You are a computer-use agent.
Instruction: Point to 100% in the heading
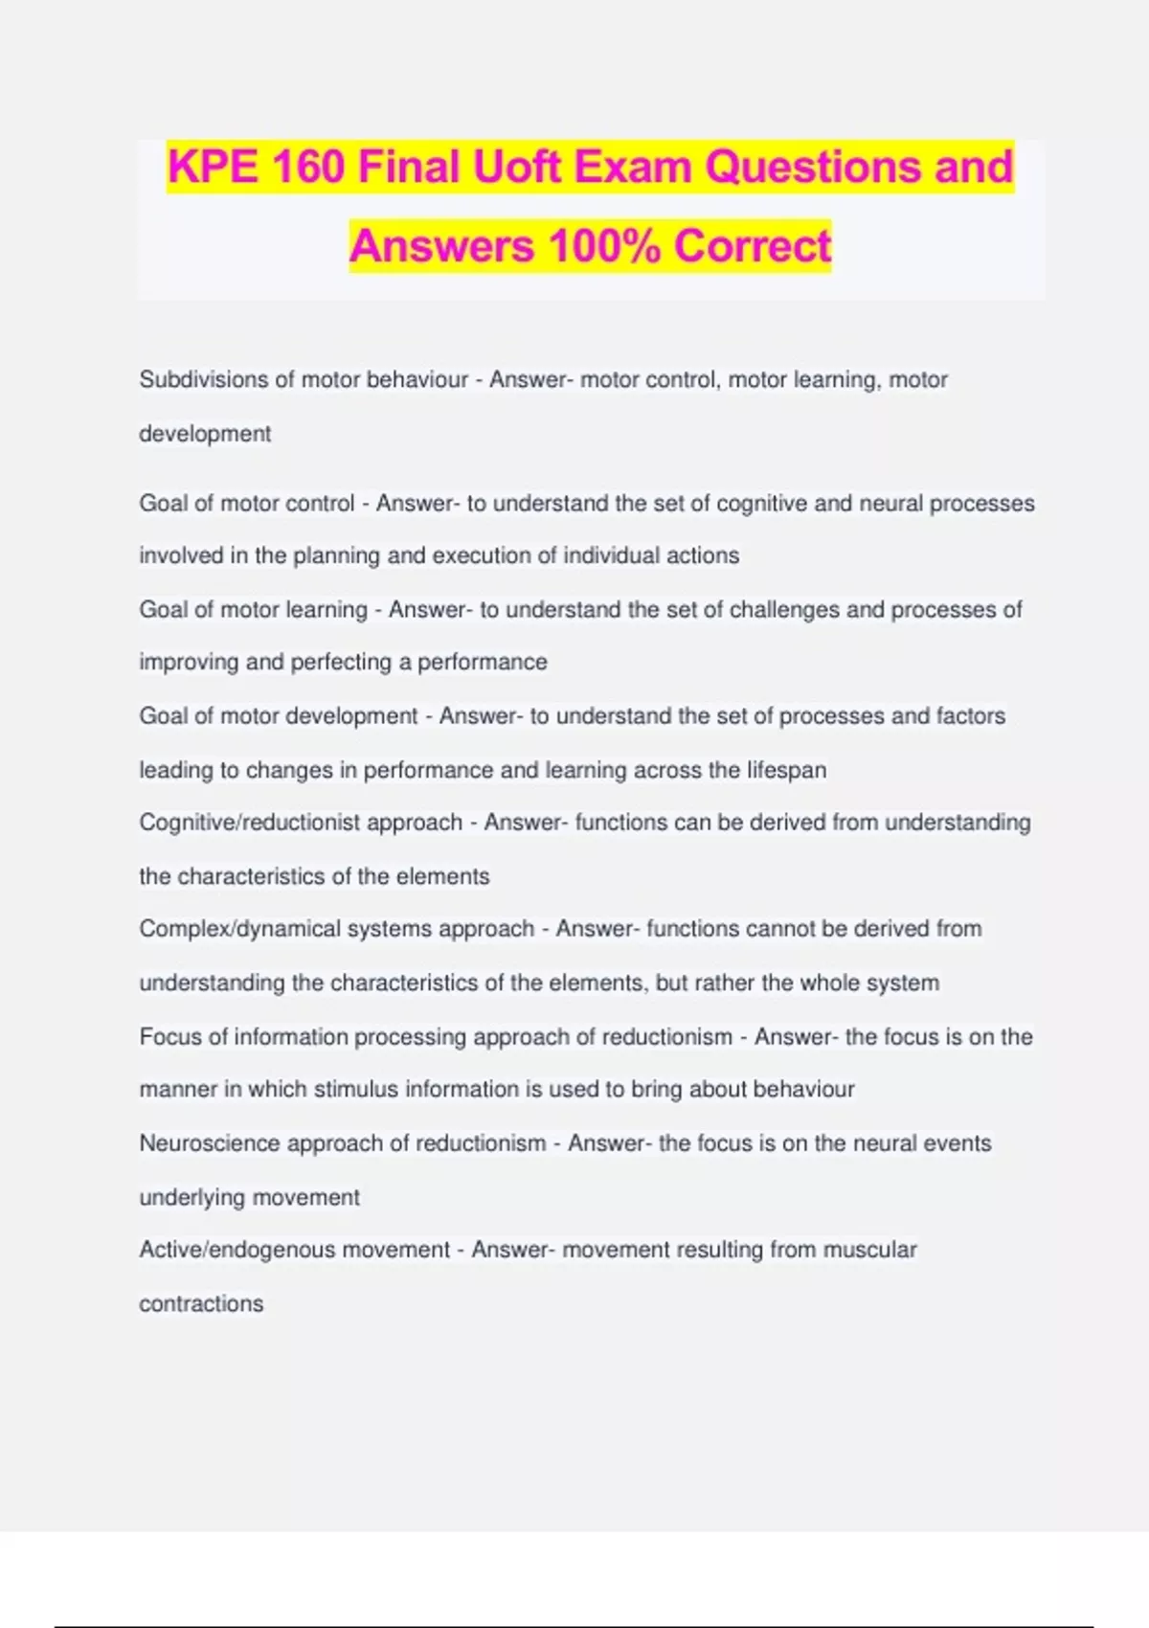point(604,246)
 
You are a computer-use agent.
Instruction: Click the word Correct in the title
point(753,246)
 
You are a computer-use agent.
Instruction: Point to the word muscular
point(869,1250)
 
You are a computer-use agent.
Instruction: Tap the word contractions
point(201,1303)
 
